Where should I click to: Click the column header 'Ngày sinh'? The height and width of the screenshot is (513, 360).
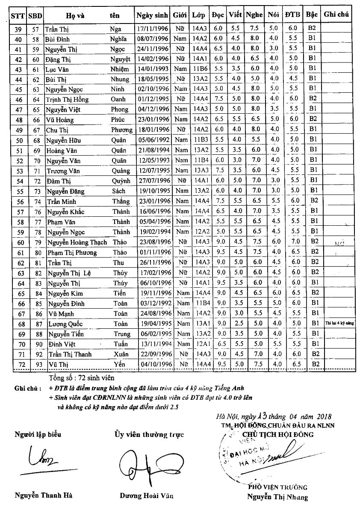pyautogui.click(x=153, y=15)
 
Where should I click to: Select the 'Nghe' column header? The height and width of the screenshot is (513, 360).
pyautogui.click(x=254, y=15)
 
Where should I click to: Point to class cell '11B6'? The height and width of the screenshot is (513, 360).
pyautogui.click(x=200, y=69)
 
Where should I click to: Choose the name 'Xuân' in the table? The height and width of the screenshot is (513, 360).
pyautogui.click(x=120, y=354)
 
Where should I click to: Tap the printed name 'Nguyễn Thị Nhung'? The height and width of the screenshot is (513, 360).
pyautogui.click(x=277, y=497)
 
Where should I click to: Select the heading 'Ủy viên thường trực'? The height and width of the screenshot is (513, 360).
pyautogui.click(x=148, y=435)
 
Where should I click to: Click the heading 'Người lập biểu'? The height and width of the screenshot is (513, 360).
pyautogui.click(x=38, y=435)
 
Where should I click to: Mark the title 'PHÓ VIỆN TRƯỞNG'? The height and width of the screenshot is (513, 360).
pyautogui.click(x=277, y=487)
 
